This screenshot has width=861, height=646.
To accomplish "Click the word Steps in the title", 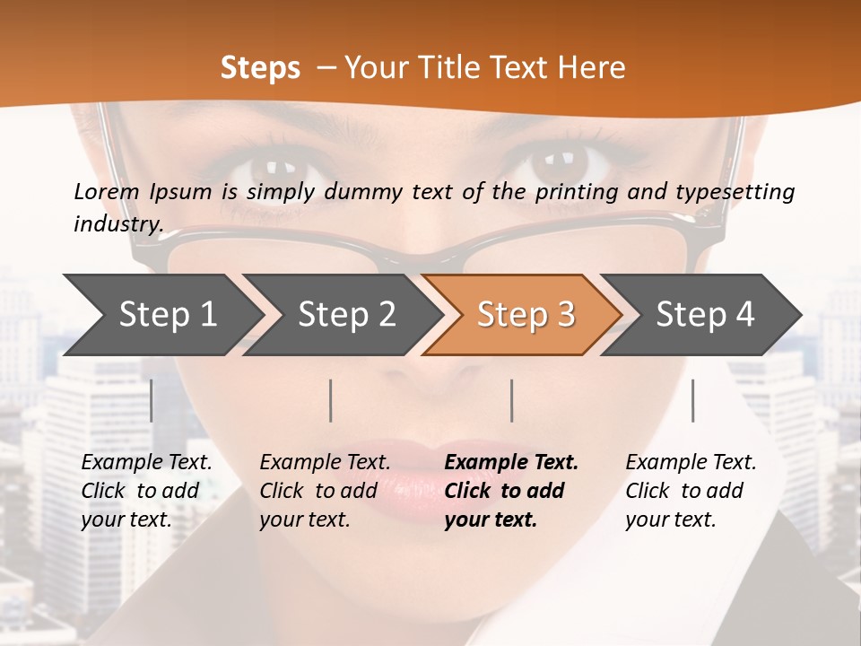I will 260,67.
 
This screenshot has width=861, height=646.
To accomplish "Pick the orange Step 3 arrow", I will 526,315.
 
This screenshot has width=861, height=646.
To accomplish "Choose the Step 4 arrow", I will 705,315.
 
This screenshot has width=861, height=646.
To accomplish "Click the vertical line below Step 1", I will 152,400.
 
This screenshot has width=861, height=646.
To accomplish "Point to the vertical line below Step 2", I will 331,400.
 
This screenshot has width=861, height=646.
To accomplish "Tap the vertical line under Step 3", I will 512,400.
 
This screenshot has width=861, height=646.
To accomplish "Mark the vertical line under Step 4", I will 693,400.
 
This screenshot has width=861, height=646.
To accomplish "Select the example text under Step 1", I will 146,491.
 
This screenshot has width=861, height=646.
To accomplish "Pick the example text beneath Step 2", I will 325,491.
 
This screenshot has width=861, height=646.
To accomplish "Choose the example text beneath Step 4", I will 691,491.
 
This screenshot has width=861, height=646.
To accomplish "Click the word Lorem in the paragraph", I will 107,191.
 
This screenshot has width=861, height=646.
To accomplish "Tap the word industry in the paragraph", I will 117,223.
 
